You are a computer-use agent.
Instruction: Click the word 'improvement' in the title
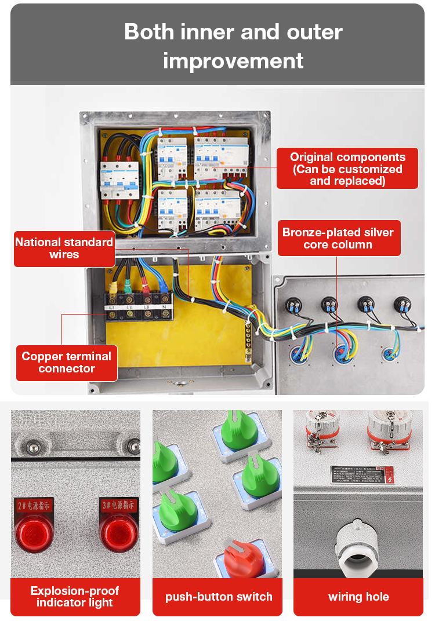(233, 60)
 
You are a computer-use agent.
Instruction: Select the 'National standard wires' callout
(64, 248)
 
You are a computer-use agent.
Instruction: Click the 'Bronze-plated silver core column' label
(338, 238)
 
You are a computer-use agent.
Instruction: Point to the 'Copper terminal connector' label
(66, 363)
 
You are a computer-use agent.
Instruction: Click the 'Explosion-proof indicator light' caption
(75, 597)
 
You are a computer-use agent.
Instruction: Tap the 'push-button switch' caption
(219, 597)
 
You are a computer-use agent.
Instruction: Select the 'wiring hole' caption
(358, 597)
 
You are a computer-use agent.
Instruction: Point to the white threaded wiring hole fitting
(358, 545)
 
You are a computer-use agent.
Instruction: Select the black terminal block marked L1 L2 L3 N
(139, 308)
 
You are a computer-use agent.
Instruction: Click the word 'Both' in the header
(148, 32)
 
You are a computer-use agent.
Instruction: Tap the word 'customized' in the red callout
(364, 169)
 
